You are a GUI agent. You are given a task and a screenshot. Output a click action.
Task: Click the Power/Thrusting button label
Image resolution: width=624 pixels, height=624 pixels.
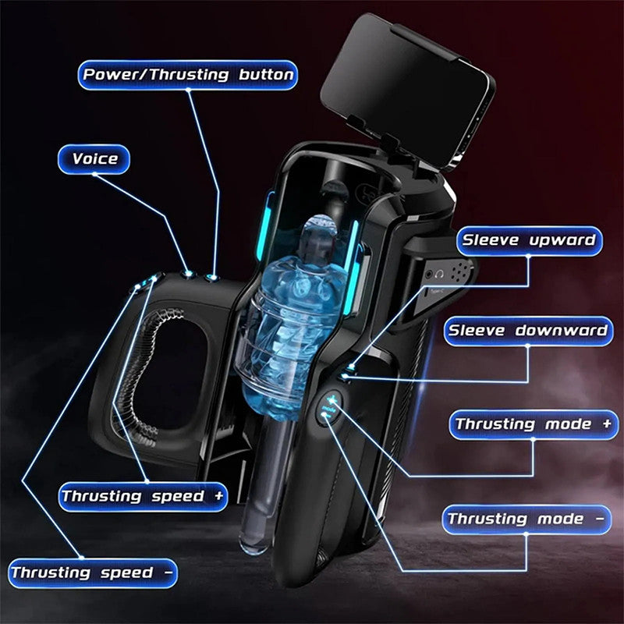pyautogui.click(x=188, y=75)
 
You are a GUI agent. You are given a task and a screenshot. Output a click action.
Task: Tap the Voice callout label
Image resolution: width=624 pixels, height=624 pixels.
pyautogui.click(x=95, y=159)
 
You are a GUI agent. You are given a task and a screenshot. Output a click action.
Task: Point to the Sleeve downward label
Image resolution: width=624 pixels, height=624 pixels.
pyautogui.click(x=526, y=331)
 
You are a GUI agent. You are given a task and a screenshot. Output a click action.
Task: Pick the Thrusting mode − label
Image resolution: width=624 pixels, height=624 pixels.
pyautogui.click(x=527, y=519)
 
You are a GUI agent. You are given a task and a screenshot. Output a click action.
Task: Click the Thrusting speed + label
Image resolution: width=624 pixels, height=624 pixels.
pyautogui.click(x=143, y=496)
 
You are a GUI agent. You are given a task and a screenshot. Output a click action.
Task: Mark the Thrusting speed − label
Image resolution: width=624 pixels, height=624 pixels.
pyautogui.click(x=92, y=573)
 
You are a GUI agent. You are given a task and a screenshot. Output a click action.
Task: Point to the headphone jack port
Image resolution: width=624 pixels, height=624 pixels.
pyautogui.click(x=440, y=274)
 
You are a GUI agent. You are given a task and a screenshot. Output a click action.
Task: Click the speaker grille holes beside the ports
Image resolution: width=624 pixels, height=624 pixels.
pyautogui.click(x=462, y=271)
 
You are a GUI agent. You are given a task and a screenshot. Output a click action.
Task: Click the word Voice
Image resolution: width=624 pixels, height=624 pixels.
pyautogui.click(x=95, y=159)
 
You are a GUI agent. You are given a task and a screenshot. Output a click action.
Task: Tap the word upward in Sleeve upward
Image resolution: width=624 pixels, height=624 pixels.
pyautogui.click(x=562, y=240)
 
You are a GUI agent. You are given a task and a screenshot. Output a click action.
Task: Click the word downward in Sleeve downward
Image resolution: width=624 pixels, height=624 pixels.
pyautogui.click(x=560, y=331)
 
